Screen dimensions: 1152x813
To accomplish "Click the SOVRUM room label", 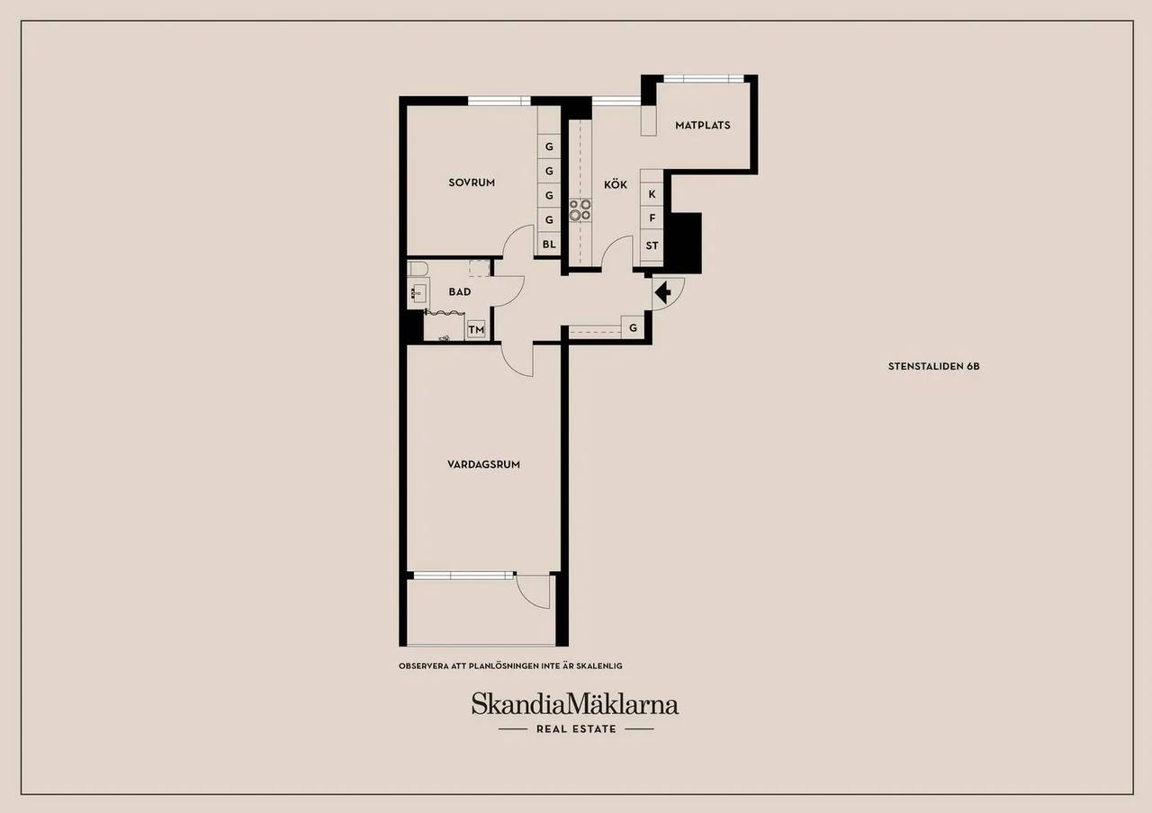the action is [472, 183].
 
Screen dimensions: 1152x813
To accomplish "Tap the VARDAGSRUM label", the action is [483, 465].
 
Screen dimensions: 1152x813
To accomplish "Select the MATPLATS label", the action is [703, 125].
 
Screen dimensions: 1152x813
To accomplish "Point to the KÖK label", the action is [616, 184].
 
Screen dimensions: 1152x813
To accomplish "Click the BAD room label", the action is [460, 292].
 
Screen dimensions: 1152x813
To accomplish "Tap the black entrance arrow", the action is [663, 293].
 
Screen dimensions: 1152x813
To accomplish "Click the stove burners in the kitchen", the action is [580, 210].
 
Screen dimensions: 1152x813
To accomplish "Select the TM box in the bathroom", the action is [476, 329].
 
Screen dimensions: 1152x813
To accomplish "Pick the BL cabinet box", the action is [549, 244].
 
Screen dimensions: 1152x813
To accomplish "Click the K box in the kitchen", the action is [652, 194].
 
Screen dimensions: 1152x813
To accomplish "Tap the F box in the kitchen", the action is [652, 218].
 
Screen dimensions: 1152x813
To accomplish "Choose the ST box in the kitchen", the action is [652, 246].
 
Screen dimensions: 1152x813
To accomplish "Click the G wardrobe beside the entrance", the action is [633, 327].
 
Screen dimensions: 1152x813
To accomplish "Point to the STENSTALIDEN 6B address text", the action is [933, 366].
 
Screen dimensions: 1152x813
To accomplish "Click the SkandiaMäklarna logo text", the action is [575, 703].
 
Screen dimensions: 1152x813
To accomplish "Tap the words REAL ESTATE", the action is [576, 728].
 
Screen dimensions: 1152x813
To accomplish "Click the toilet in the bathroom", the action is [418, 268].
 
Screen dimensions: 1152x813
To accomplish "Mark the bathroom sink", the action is [418, 293].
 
